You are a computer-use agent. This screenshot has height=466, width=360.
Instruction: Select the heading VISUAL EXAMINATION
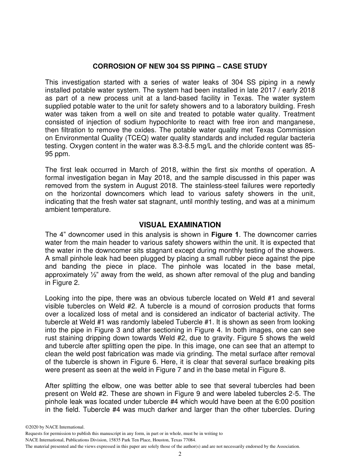[180, 225]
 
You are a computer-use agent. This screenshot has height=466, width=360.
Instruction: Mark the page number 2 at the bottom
[180, 454]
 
